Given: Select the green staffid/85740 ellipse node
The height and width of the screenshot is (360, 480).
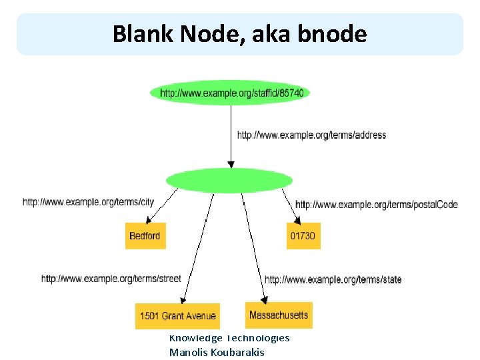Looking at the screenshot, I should click(x=231, y=93).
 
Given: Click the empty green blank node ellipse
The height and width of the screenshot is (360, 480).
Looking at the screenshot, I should click(x=229, y=180).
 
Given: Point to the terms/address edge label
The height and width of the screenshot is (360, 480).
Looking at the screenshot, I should click(x=311, y=135).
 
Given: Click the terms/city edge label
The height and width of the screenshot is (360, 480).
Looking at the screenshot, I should click(x=88, y=201).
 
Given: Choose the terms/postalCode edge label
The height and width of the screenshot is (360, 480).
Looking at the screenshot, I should click(x=376, y=204).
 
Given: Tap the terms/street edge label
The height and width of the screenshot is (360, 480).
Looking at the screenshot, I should click(x=111, y=278).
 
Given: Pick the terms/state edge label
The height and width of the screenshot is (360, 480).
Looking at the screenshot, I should click(x=333, y=279).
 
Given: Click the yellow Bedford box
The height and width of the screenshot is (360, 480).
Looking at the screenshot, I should click(x=145, y=236).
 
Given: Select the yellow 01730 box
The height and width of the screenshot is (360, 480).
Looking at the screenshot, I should click(x=303, y=236).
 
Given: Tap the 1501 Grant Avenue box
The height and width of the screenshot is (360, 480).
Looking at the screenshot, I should click(x=177, y=315).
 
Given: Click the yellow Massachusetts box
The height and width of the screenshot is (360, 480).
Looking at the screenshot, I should click(x=279, y=314).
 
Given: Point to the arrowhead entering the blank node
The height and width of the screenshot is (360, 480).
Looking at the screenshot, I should click(x=231, y=164).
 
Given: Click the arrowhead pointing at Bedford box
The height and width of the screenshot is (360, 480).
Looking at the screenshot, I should click(x=150, y=220).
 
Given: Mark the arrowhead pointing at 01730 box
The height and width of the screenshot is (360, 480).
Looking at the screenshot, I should click(x=297, y=219).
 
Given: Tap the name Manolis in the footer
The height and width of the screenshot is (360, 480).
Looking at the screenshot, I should click(x=188, y=352).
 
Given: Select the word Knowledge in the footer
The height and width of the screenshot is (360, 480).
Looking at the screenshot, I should click(x=196, y=338).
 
